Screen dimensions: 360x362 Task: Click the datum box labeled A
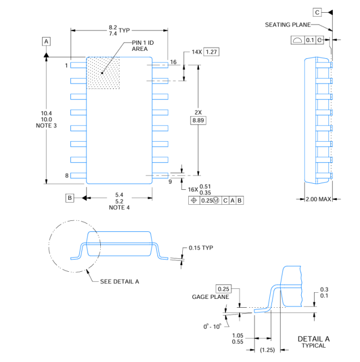(46, 42)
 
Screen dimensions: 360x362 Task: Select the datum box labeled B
(70, 198)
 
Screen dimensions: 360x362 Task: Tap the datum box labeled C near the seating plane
(317, 12)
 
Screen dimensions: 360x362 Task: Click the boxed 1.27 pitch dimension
(211, 51)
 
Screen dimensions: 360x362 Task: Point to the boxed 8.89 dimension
(198, 120)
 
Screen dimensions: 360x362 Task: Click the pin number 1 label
(66, 65)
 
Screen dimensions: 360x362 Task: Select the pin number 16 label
(173, 62)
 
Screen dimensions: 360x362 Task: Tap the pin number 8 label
(66, 175)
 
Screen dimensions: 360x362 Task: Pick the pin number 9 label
(170, 182)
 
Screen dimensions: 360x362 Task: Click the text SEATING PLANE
(287, 25)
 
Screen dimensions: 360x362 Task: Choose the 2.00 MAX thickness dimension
(318, 199)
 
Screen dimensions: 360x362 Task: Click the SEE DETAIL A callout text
(120, 281)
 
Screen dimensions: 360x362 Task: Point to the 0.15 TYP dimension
(201, 248)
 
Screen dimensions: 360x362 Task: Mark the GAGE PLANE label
(210, 297)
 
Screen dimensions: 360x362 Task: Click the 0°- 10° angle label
(212, 327)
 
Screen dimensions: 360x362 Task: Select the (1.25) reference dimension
(268, 350)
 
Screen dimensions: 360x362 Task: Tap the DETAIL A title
(313, 339)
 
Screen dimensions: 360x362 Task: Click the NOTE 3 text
(46, 126)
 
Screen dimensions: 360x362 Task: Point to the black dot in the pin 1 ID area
(102, 73)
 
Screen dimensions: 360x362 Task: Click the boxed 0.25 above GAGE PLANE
(223, 289)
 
